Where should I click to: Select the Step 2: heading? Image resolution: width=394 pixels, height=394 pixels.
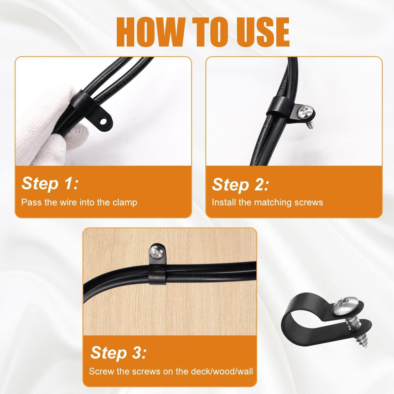pyautogui.click(x=240, y=184)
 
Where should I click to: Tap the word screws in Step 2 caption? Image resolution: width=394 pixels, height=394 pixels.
pyautogui.click(x=309, y=202)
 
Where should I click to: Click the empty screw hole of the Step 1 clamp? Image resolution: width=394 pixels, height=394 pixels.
pyautogui.click(x=104, y=121)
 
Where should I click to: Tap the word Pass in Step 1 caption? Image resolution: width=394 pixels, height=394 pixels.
pyautogui.click(x=30, y=202)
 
